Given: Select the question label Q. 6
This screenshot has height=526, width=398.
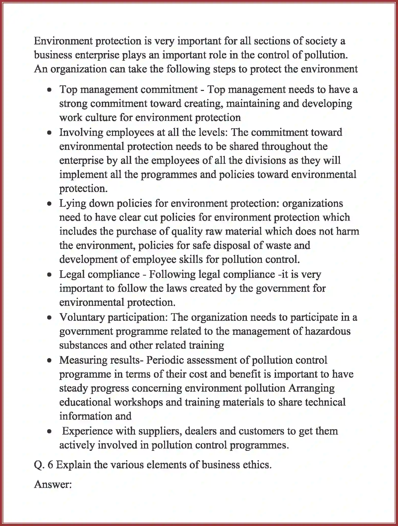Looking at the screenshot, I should coord(43,465).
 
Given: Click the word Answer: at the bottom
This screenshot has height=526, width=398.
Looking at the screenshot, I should coord(53,484).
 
